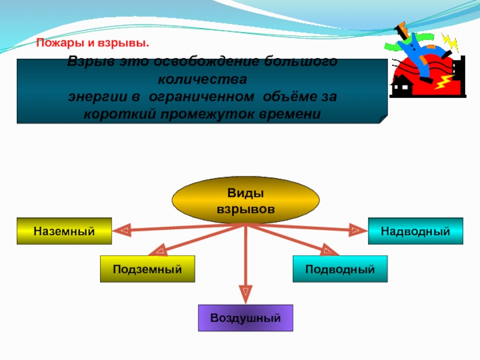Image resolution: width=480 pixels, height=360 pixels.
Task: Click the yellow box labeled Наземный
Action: pos(64,231)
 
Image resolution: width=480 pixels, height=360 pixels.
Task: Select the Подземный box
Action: pos(147,269)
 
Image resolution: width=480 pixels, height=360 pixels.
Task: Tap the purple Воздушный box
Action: pos(245,318)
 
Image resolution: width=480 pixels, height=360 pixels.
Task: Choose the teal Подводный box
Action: pos(340,269)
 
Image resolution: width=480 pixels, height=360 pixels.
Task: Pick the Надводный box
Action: pos(415,231)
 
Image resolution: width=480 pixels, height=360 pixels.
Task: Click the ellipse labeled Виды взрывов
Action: pos(245,200)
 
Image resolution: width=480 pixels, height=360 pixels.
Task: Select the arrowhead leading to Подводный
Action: pos(329,249)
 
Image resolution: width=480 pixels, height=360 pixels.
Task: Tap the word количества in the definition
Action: pos(202,79)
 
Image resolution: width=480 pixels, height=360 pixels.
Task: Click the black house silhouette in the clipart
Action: pos(401,88)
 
